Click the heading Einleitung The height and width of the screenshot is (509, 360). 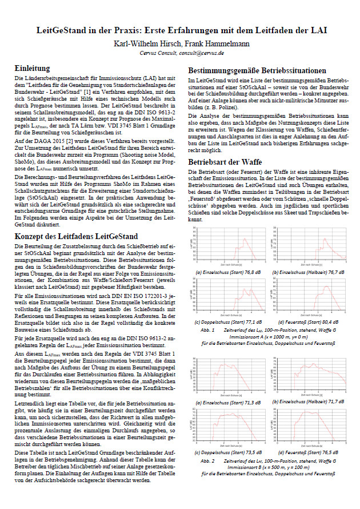[35, 68]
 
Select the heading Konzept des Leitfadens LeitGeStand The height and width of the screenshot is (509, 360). [75, 220]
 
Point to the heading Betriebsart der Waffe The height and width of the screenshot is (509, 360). [226, 162]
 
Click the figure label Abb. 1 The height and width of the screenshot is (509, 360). [206, 329]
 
